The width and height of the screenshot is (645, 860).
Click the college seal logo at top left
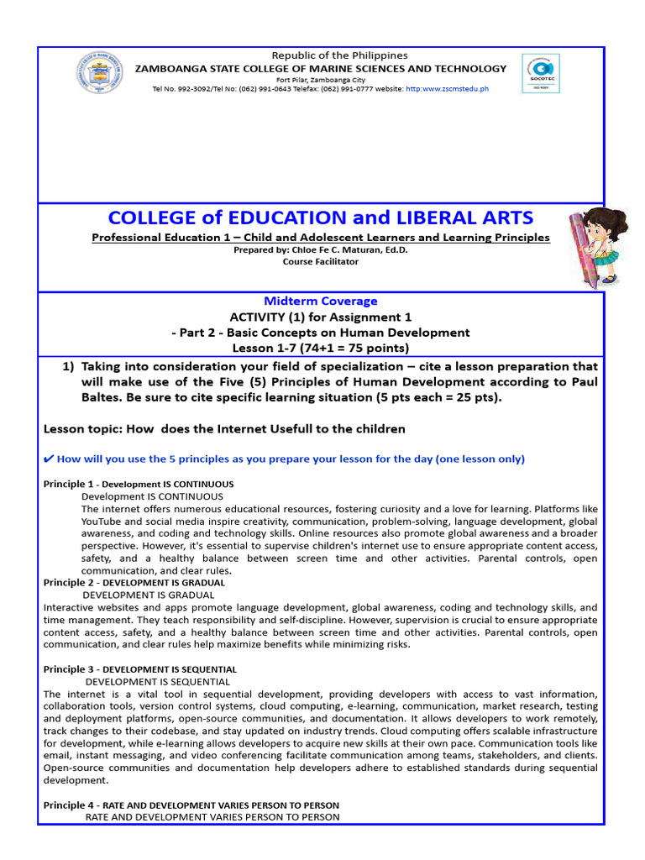[99, 73]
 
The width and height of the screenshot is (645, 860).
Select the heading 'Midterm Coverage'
[321, 301]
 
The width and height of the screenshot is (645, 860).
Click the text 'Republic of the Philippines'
[321, 55]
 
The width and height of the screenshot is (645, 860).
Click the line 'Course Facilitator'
[321, 261]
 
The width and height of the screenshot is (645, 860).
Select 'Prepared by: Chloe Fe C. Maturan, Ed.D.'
[321, 250]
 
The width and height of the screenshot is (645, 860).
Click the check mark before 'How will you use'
[48, 459]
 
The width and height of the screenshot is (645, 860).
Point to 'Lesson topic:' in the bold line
[81, 428]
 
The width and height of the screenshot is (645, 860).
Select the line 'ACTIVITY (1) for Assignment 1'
[321, 317]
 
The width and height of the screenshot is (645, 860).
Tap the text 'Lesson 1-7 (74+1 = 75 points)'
[321, 348]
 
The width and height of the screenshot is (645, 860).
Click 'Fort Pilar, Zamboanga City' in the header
[321, 79]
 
